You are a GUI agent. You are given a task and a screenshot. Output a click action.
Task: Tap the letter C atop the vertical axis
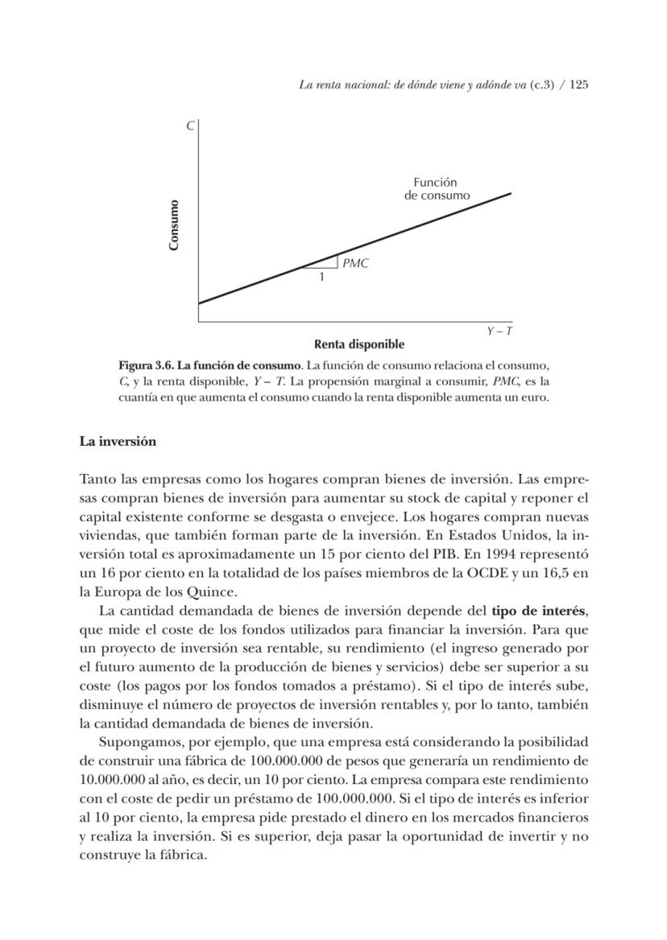(x=190, y=126)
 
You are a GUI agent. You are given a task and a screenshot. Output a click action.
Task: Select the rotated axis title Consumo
(x=174, y=225)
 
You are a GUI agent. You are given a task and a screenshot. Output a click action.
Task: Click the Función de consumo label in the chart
(x=437, y=188)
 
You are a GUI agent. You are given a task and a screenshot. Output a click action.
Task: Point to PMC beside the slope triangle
(x=355, y=263)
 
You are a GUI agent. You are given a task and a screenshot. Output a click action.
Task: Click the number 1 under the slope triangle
(x=321, y=277)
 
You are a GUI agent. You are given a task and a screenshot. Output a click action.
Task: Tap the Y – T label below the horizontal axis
(x=499, y=331)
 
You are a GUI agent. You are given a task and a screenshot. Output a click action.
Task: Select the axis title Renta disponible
(x=359, y=344)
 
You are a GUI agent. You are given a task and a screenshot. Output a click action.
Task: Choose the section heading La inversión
(x=118, y=441)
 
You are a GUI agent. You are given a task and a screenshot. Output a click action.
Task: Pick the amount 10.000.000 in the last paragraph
(x=113, y=779)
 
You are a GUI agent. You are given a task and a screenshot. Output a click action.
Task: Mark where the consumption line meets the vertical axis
(x=199, y=303)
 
